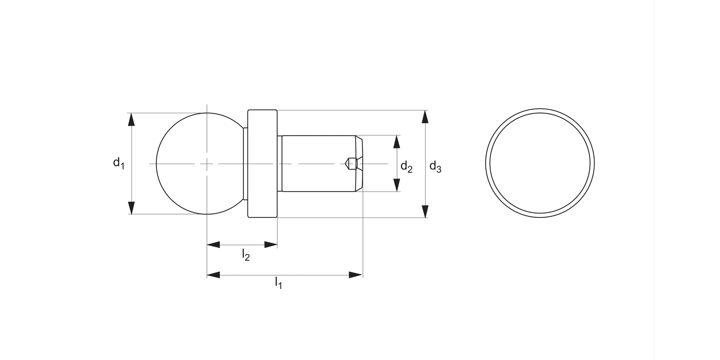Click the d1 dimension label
coord(119,163)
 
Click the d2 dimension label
coord(406,167)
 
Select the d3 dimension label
coord(435,167)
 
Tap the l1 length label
coord(278,283)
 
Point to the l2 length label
coord(245,254)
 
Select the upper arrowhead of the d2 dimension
coord(396,142)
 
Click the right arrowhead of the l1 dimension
coord(356,275)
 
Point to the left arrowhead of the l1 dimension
coord(214,275)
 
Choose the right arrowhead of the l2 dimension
coord(271,245)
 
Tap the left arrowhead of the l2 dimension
coord(214,245)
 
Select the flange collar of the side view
coord(263,164)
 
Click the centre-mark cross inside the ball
coord(207,164)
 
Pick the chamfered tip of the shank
coord(359,164)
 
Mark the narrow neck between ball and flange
coord(245,164)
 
